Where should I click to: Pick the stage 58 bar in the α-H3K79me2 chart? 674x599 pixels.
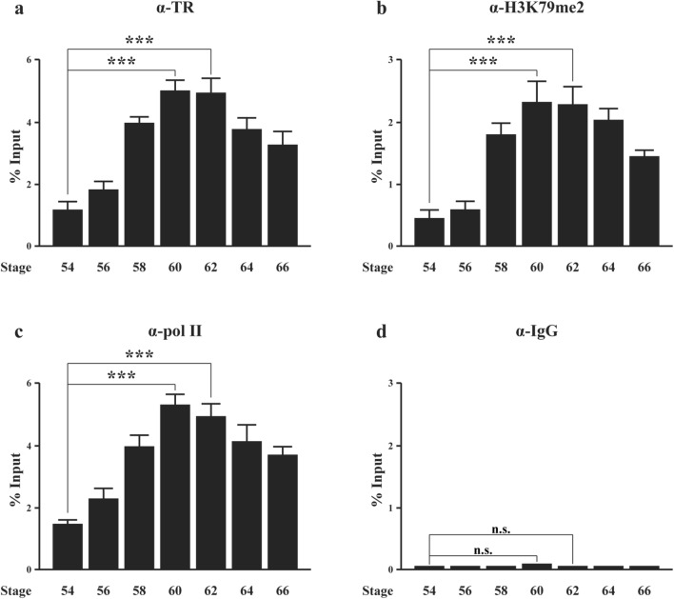coord(466,190)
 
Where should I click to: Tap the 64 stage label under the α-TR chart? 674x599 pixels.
coord(247,268)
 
